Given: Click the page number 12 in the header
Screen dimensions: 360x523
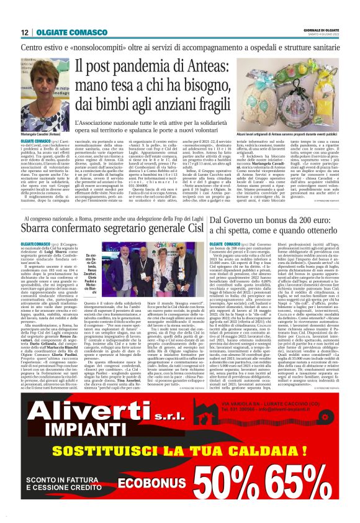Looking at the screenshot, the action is click(x=25, y=32).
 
